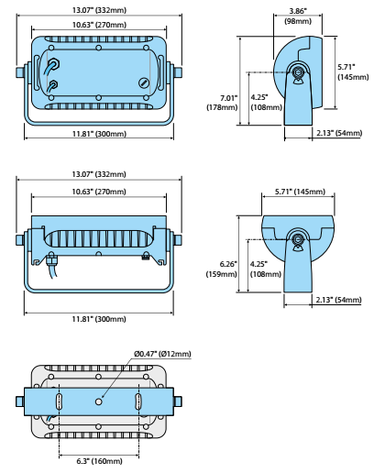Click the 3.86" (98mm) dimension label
pos(298,16)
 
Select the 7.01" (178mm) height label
pos(222,103)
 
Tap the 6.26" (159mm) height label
pos(222,269)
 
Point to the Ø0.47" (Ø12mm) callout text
pos(162,354)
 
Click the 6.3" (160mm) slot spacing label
pos(99,461)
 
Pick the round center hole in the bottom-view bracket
pos(98,401)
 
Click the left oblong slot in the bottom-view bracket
pos(59,401)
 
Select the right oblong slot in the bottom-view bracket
pos(138,401)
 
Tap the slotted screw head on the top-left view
pos(144,82)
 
